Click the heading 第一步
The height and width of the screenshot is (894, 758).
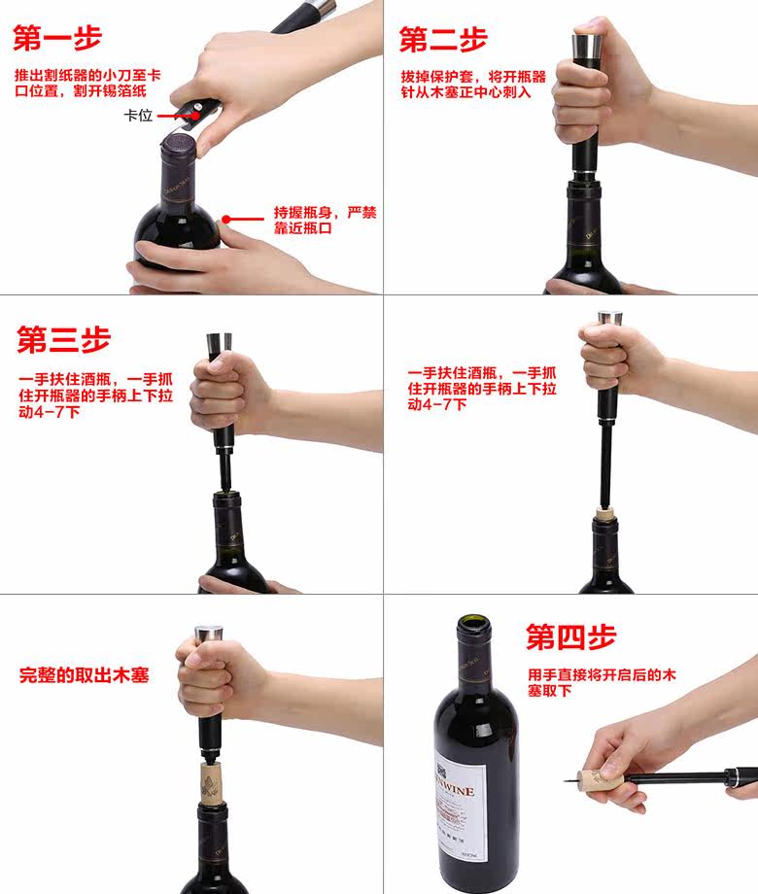(x=57, y=38)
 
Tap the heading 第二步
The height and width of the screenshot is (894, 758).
(x=443, y=39)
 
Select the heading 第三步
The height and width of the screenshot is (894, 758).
(x=63, y=339)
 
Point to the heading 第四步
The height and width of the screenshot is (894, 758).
(x=570, y=636)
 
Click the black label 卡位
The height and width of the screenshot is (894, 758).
(x=138, y=116)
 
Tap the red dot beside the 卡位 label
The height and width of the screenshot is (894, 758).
(x=195, y=116)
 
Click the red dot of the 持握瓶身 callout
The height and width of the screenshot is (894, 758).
(x=226, y=220)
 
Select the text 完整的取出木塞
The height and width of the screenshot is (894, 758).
(x=84, y=675)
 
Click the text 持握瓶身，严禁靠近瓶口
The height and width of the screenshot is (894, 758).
(x=326, y=221)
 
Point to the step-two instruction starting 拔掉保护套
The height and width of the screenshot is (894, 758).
(x=473, y=85)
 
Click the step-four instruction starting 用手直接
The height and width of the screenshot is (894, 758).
(x=602, y=683)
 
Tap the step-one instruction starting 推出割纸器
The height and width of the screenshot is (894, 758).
(x=87, y=84)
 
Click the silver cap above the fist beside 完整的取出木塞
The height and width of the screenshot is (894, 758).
(x=209, y=635)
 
